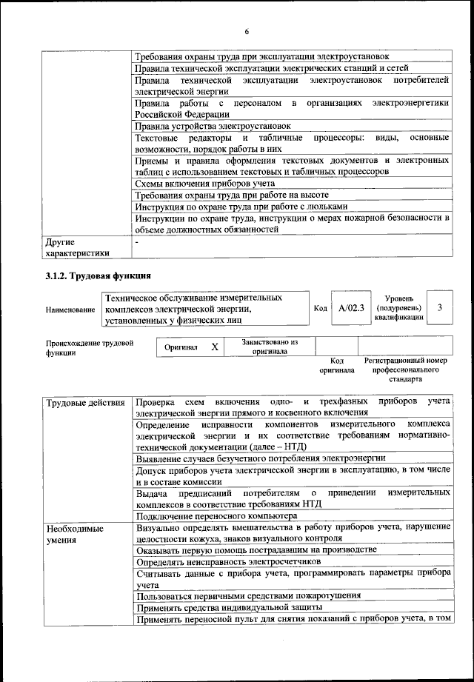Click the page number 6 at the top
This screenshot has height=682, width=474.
247,30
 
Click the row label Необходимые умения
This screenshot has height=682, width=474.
75,534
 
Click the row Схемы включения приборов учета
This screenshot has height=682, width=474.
204,183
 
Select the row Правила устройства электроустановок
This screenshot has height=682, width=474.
213,127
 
